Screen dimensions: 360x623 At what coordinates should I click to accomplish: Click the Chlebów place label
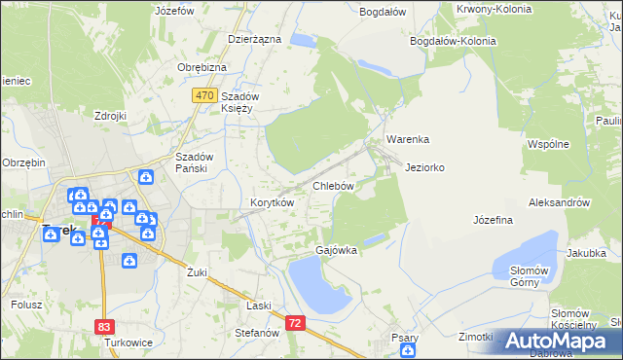point(332,185)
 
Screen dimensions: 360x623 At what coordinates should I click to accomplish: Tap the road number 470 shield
point(203,95)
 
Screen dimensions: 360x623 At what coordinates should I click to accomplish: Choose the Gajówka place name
point(336,250)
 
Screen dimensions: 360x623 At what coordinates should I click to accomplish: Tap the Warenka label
point(408,140)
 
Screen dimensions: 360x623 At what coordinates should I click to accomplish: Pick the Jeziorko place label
point(424,167)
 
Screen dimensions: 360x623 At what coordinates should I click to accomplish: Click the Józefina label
point(493,220)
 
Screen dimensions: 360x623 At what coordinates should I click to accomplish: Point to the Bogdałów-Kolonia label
point(453,42)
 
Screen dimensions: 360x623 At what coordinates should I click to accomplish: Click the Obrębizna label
point(202,67)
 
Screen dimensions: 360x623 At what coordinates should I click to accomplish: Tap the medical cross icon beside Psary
point(411,350)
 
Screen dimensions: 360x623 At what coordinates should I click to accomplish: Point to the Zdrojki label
point(111,116)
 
